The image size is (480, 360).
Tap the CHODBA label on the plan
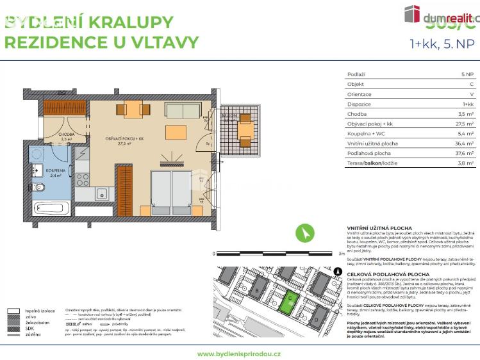[67, 135]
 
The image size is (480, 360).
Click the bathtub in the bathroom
[51, 208]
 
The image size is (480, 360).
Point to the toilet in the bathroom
[37, 188]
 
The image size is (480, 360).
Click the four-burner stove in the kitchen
[82, 179]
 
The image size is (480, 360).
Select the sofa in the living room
[183, 110]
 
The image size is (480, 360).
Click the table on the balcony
[245, 131]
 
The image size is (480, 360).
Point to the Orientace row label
[359, 94]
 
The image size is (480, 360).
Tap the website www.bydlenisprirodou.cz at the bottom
[239, 354]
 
